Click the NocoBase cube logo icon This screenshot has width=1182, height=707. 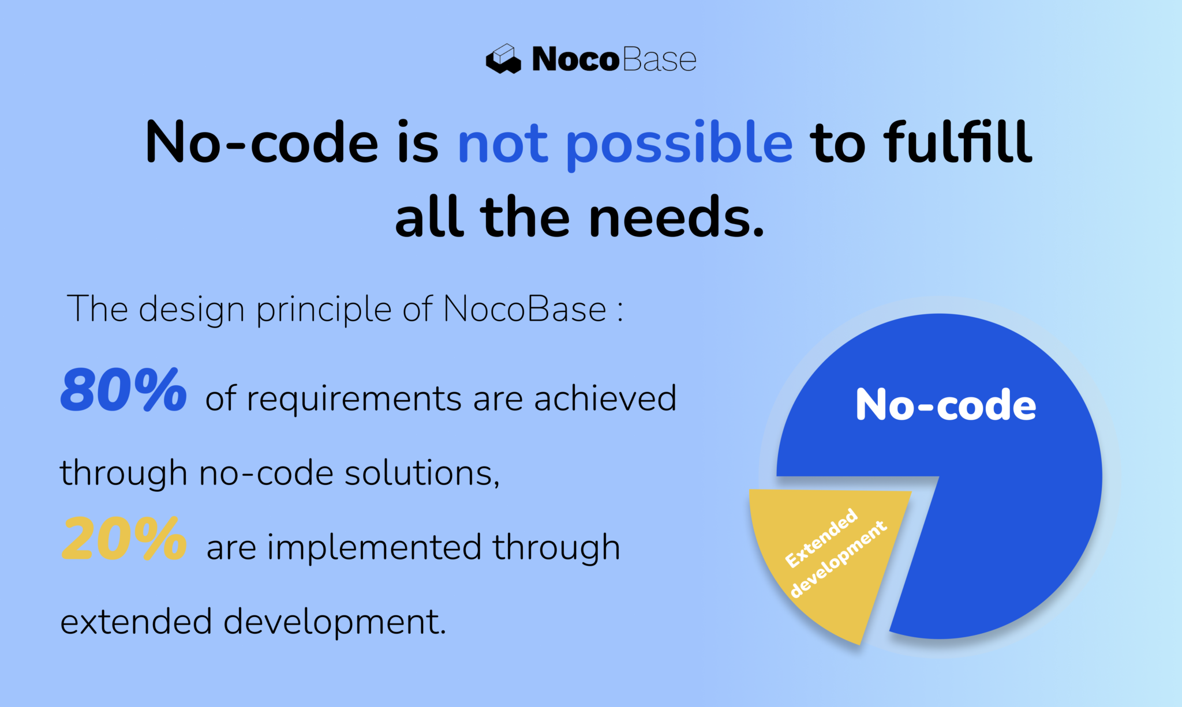coord(503,59)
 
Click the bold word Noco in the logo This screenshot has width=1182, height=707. coord(575,59)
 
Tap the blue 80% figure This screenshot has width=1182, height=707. coord(124,391)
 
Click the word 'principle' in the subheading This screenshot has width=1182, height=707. coord(324,310)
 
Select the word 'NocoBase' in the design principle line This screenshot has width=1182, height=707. coord(525,309)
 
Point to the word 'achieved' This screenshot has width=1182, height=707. coord(605,398)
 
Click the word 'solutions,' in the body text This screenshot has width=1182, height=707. coord(422,473)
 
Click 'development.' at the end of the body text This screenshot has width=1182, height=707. coord(335,622)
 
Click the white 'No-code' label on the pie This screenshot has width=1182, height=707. coord(945,405)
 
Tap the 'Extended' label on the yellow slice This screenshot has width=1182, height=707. coord(821,537)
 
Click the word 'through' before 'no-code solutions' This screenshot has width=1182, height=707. coord(124,475)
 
